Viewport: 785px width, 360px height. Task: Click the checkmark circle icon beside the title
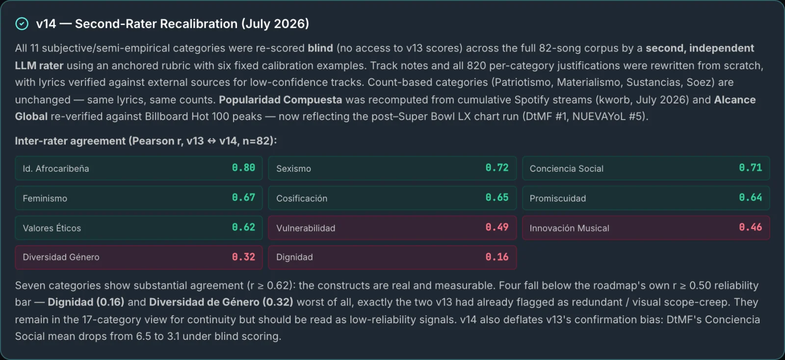click(x=22, y=24)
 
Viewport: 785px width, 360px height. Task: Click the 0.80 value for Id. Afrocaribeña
click(x=243, y=168)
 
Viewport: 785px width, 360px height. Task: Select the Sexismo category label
click(x=293, y=168)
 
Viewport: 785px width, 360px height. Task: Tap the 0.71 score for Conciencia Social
click(x=750, y=168)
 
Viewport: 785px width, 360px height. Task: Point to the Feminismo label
click(x=45, y=198)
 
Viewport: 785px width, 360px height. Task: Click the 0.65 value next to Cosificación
click(x=497, y=198)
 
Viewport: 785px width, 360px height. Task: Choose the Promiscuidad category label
click(x=557, y=198)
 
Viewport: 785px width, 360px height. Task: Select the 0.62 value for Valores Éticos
click(x=243, y=227)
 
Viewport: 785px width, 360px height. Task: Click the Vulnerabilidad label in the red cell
click(x=306, y=228)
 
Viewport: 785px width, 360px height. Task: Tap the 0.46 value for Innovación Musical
click(x=750, y=227)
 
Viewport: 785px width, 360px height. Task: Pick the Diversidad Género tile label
click(x=61, y=257)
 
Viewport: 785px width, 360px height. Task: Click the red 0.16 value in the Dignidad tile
click(x=497, y=257)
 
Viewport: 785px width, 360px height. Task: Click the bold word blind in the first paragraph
click(x=320, y=48)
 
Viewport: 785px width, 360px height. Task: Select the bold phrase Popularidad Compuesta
click(x=280, y=100)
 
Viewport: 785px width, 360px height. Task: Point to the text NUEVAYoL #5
click(x=609, y=116)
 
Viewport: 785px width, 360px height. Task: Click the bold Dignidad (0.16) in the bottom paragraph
click(x=86, y=302)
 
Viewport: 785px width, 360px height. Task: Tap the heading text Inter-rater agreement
click(x=70, y=141)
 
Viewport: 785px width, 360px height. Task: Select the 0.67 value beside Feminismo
click(x=243, y=198)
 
